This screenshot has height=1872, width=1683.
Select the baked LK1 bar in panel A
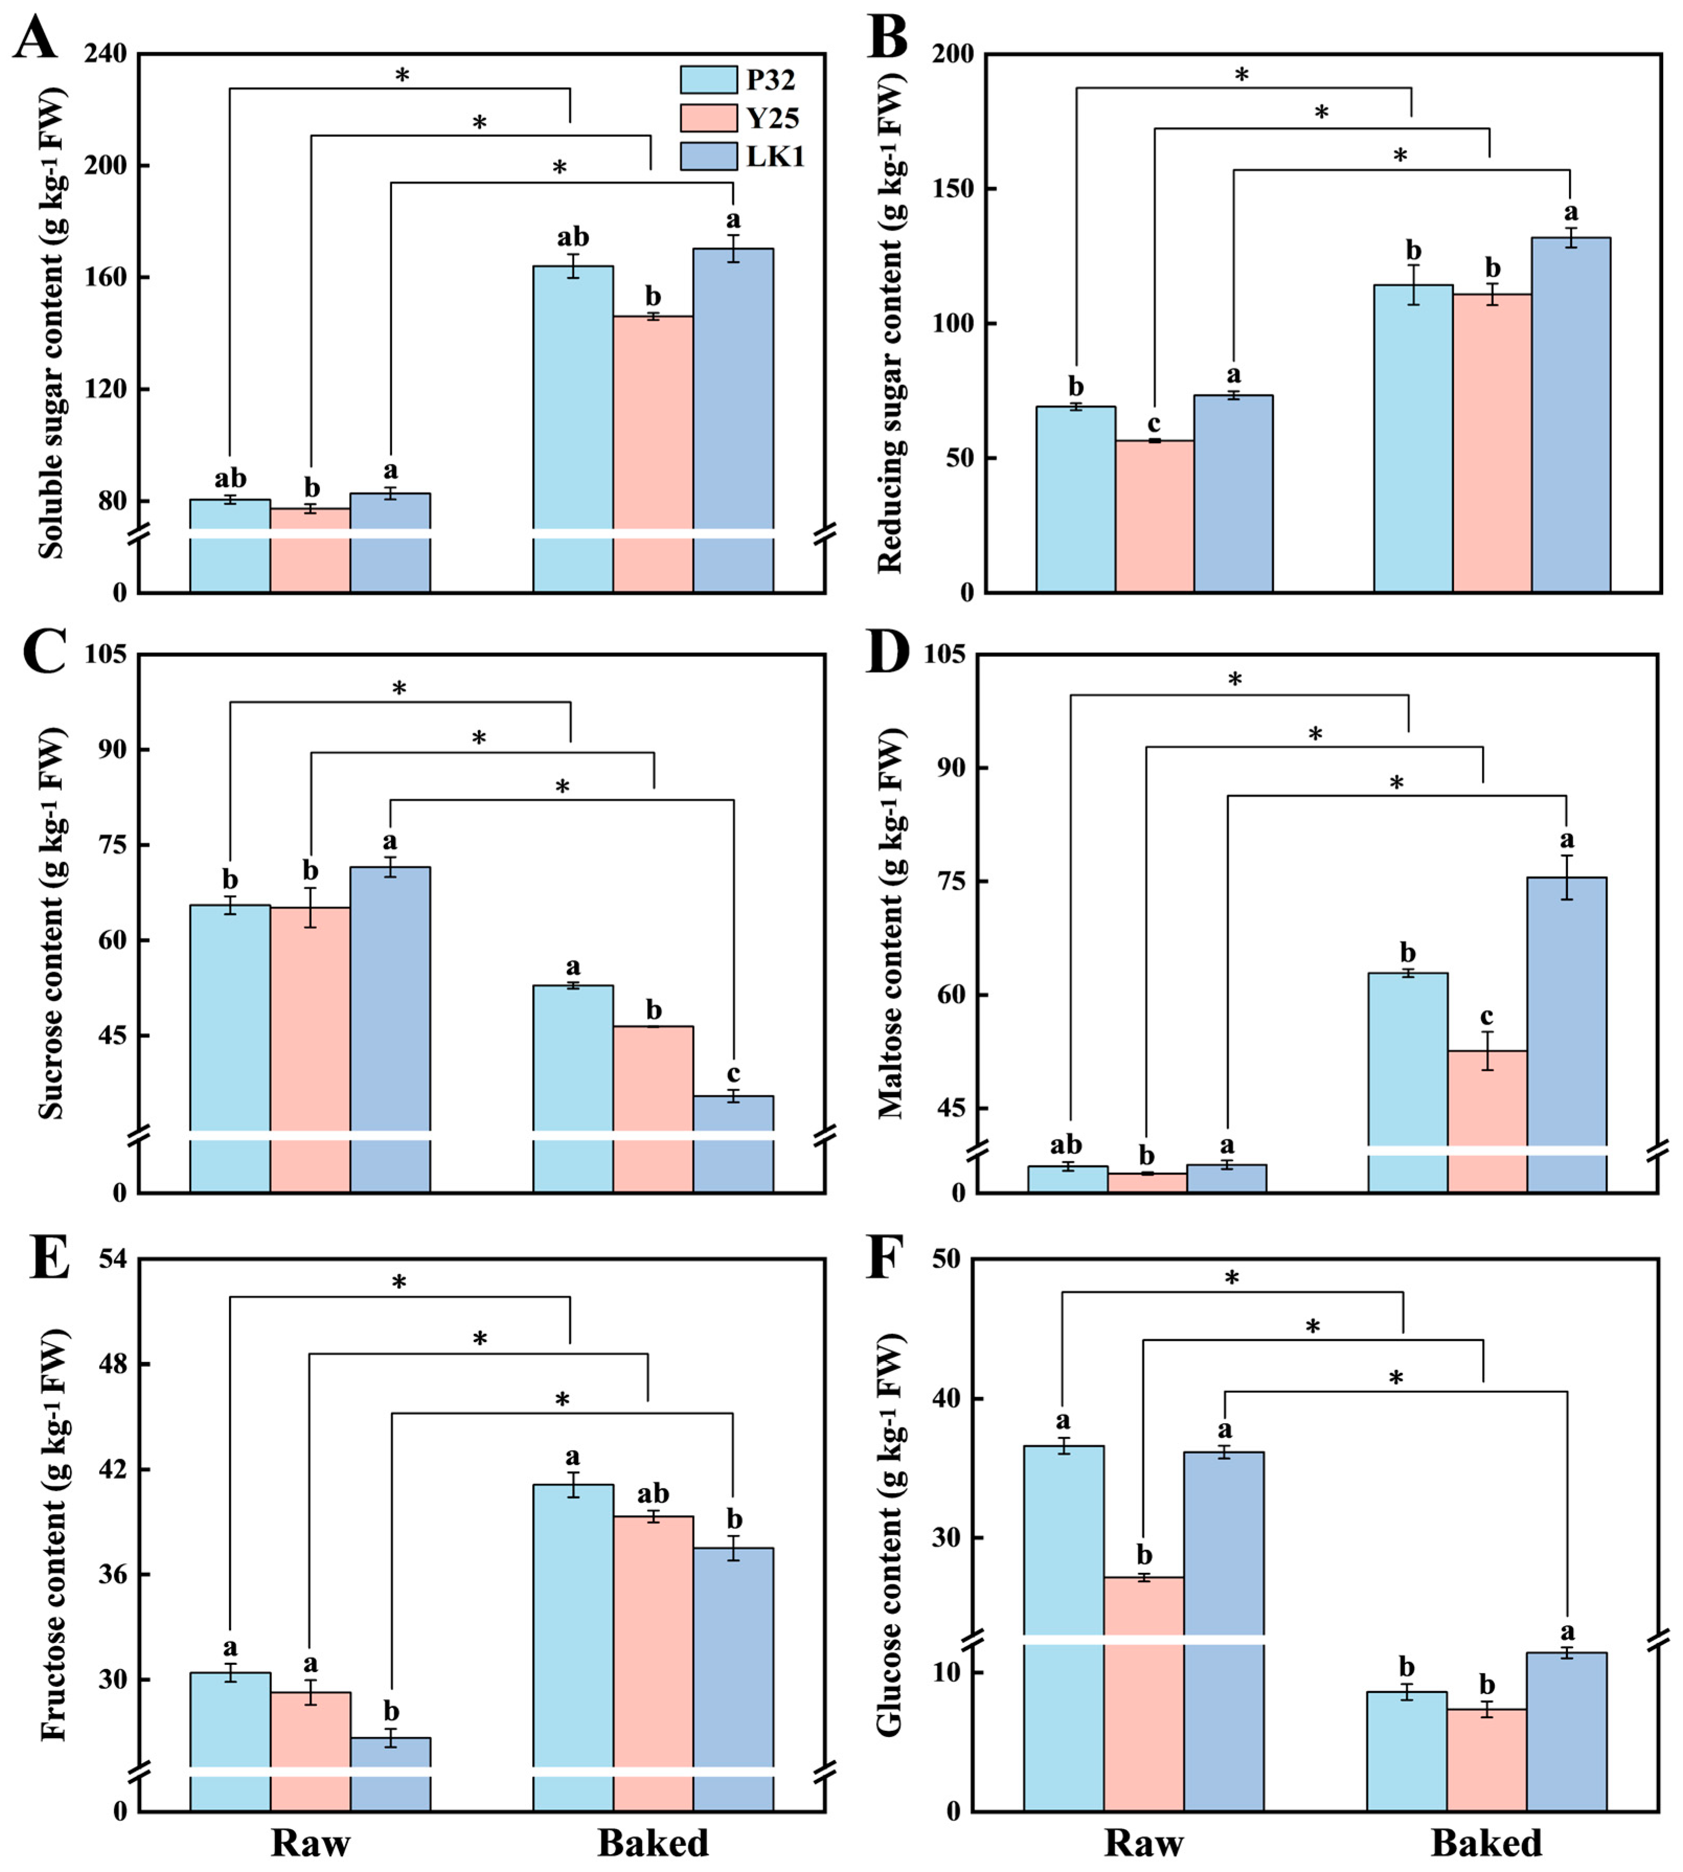(x=734, y=421)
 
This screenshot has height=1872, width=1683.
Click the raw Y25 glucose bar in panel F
(x=1144, y=1694)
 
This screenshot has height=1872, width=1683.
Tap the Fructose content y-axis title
(x=54, y=1535)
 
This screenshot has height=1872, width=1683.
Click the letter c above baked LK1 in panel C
(x=734, y=1074)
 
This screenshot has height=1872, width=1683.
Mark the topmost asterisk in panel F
(x=1232, y=1279)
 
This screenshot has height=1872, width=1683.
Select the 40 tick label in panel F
(x=956, y=1399)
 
